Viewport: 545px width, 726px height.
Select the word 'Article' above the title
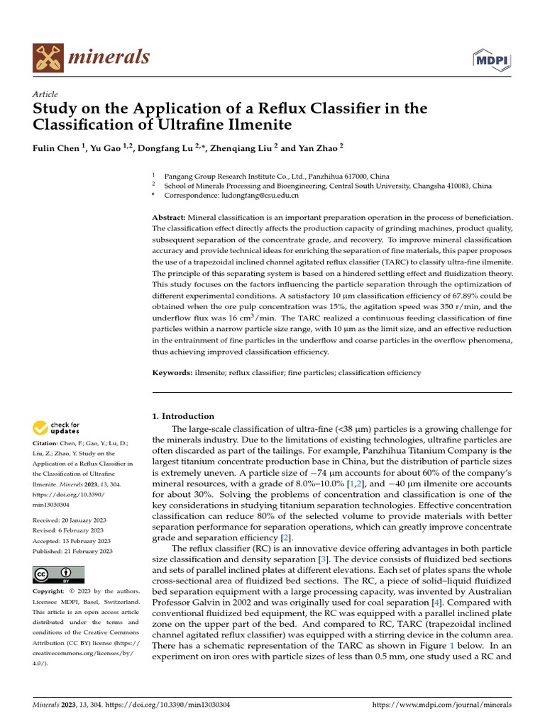(45, 94)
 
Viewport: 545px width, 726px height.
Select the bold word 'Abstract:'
(169, 216)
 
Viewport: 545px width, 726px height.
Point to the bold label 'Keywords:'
(172, 372)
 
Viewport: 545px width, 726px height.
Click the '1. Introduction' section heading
(184, 416)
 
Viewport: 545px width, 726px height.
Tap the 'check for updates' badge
(56, 428)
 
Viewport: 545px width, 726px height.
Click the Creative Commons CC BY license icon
(58, 575)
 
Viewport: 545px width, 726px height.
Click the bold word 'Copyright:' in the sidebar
(50, 591)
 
